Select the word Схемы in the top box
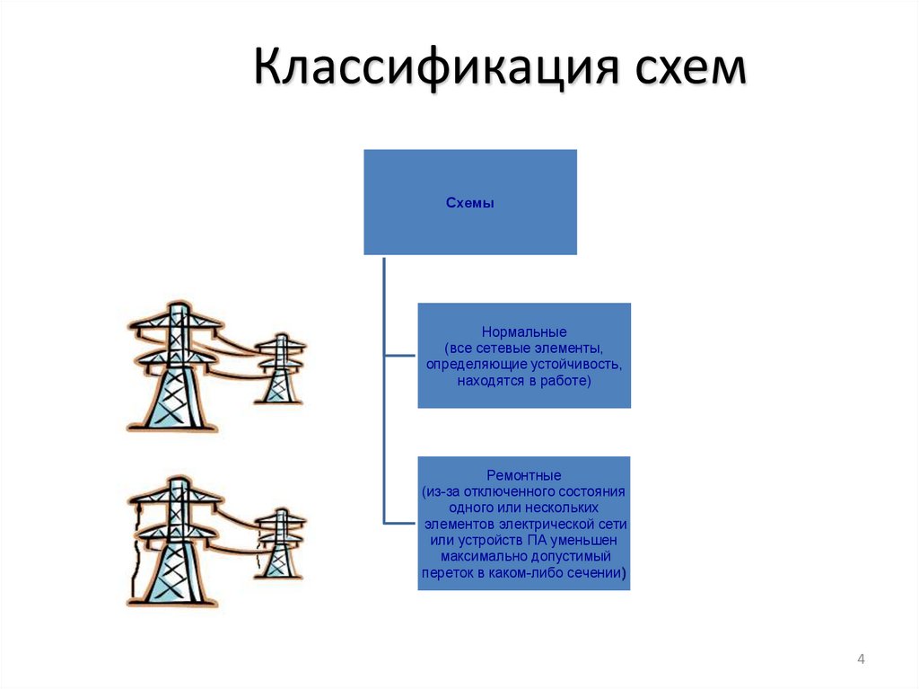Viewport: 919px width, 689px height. (470, 203)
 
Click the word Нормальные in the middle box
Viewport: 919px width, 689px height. (524, 332)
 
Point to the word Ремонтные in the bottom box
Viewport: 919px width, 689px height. (524, 474)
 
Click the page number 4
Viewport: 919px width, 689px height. (862, 660)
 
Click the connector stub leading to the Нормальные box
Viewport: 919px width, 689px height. (400, 356)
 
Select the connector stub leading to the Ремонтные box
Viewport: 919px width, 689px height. (400, 522)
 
